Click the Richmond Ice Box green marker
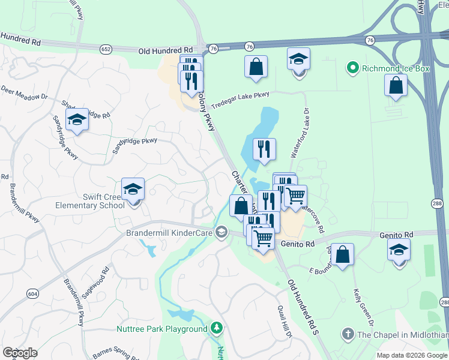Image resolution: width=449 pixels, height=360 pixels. pyautogui.click(x=354, y=68)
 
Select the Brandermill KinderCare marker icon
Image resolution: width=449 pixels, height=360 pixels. pyautogui.click(x=222, y=233)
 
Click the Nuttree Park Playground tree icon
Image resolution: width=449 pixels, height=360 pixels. pyautogui.click(x=217, y=329)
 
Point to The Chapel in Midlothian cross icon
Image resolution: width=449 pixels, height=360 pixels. pyautogui.click(x=348, y=334)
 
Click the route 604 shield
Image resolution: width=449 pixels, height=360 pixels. pyautogui.click(x=32, y=293)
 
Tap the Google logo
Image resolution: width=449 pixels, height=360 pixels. pyautogui.click(x=20, y=353)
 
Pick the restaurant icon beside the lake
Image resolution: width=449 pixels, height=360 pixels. pyautogui.click(x=264, y=149)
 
